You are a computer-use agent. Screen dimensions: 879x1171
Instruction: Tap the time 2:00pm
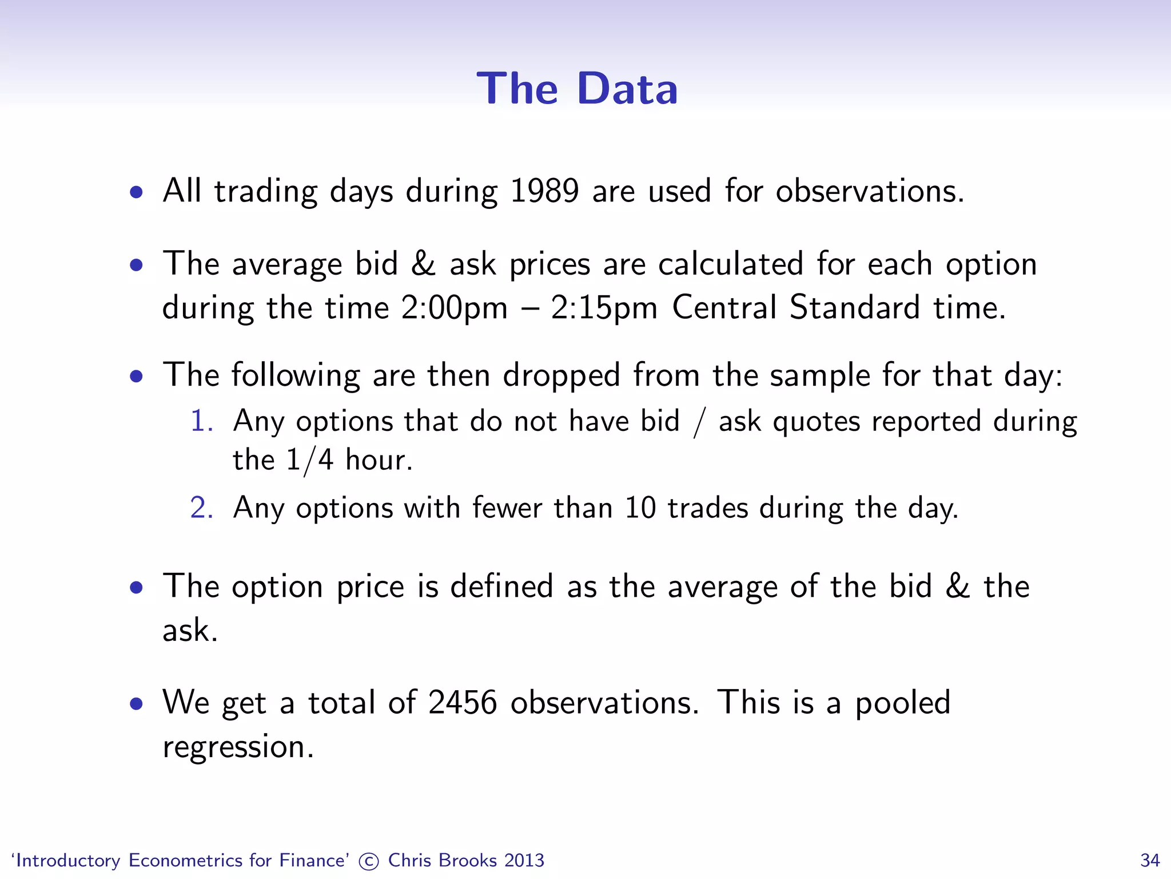coord(454,308)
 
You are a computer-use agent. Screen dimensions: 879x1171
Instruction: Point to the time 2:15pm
coord(604,308)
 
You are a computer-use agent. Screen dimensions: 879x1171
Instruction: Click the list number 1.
coord(201,421)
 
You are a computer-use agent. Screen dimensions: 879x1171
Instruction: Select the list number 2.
coord(201,508)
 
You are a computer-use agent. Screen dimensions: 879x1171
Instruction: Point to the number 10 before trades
coord(640,508)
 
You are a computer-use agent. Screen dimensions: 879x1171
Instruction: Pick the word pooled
coord(902,703)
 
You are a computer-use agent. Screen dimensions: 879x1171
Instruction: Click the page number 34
coord(1150,861)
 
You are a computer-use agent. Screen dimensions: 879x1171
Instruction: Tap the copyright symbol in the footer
coord(369,861)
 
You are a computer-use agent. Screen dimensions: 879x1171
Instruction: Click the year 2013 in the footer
coord(524,861)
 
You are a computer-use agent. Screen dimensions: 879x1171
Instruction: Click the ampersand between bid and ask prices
coord(423,264)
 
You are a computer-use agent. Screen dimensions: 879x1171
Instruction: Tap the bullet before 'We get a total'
coord(136,704)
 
